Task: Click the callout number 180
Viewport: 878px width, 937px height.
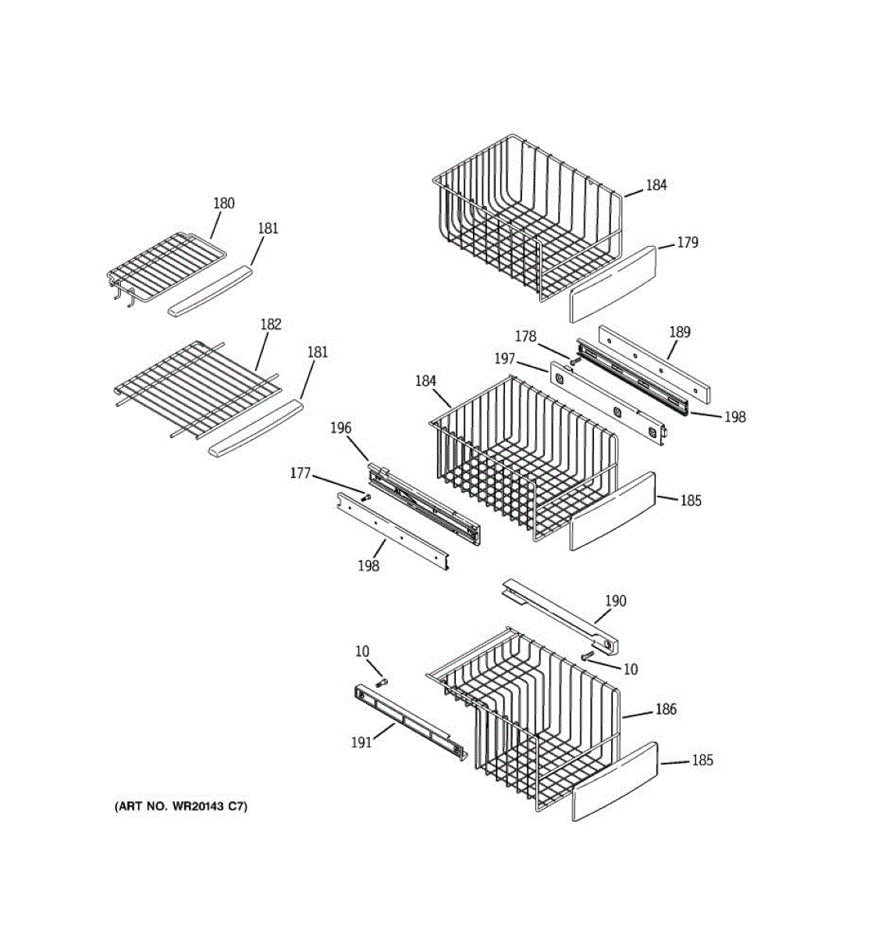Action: click(224, 203)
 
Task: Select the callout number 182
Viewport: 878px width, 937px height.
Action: click(271, 324)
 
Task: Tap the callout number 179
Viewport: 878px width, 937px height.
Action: click(687, 242)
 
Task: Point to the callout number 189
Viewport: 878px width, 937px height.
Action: click(680, 332)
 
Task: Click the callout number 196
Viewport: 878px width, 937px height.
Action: click(340, 428)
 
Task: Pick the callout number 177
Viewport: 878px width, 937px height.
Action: click(300, 473)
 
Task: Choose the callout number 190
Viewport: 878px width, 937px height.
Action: click(616, 600)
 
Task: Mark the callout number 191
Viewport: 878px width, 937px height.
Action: click(361, 742)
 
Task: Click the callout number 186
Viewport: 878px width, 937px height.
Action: click(666, 709)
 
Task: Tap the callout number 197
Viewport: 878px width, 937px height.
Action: click(506, 358)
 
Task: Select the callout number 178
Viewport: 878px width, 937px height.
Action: click(525, 336)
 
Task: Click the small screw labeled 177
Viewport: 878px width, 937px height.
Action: click(365, 495)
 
